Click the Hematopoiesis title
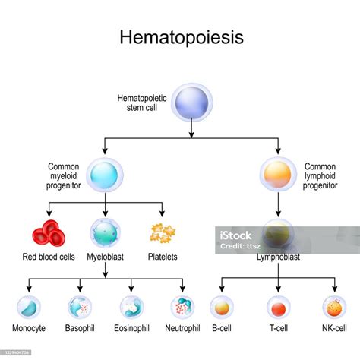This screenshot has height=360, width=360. point(179,39)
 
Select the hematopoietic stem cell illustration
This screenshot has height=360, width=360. point(192,103)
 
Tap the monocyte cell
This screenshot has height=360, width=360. point(29,308)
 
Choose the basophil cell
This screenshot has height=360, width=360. point(81,308)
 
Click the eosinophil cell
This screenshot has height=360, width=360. point(131,308)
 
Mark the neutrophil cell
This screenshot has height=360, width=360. point(183,308)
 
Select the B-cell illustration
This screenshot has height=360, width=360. point(221,308)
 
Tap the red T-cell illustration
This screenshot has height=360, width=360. point(278,308)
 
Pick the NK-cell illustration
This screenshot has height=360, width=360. point(334,308)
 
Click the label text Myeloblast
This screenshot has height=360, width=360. point(106,257)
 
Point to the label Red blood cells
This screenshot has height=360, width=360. point(49,257)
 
